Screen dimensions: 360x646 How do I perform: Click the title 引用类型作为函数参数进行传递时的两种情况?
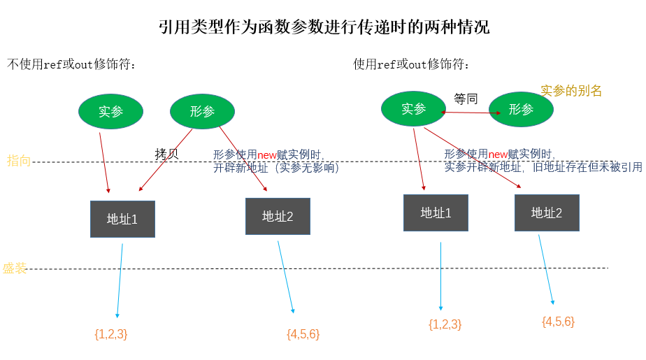point(324,28)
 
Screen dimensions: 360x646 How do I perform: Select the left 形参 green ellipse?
point(203,110)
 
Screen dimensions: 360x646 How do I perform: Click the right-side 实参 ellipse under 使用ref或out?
point(413,109)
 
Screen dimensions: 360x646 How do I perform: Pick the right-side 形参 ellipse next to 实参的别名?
point(521,109)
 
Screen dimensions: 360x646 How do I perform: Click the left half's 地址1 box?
point(122,219)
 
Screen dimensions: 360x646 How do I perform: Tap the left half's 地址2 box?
point(278,216)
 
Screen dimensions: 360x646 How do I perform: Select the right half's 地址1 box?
point(436,213)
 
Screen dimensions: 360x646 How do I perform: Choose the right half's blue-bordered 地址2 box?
point(547,213)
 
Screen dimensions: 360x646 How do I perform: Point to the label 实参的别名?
point(571,91)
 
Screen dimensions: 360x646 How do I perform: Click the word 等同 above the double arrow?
point(466,99)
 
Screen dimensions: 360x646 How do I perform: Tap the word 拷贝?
point(166,154)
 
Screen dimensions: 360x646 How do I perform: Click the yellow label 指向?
point(19,161)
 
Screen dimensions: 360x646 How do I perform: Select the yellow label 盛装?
point(15,268)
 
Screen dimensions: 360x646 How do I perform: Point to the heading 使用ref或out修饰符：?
point(412,65)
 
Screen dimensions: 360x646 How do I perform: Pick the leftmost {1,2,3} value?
point(110,334)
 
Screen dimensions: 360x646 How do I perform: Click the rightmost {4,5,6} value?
point(558,322)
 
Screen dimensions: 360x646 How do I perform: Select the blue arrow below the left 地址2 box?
point(286,277)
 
